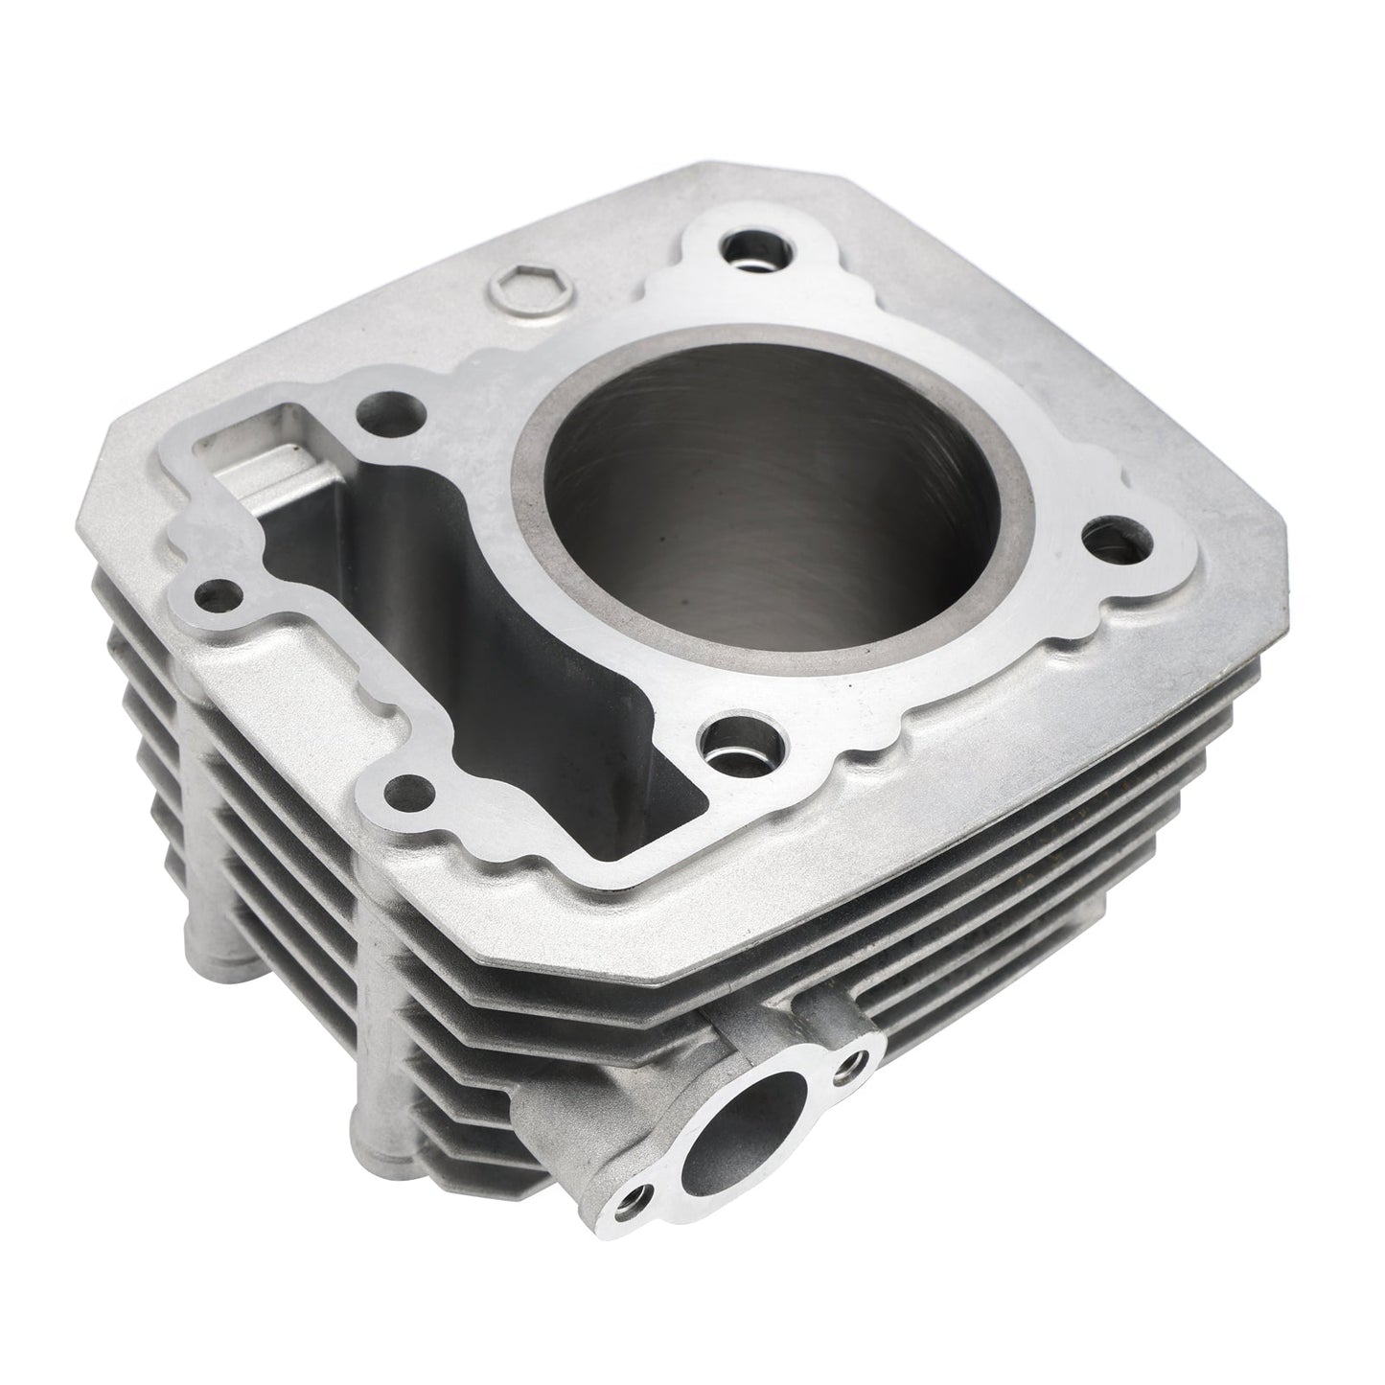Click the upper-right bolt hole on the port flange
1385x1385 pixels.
[851, 1061]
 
